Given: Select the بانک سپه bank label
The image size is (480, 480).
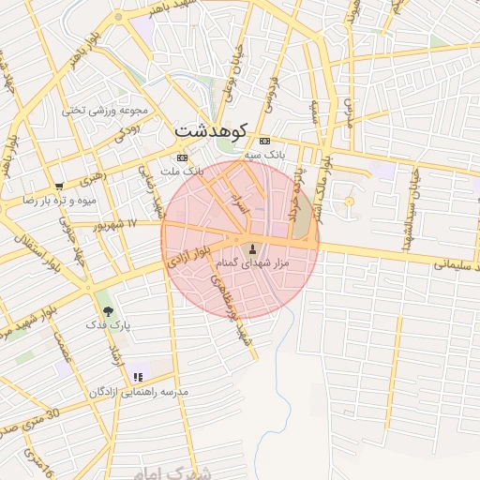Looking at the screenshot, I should tap(264, 153).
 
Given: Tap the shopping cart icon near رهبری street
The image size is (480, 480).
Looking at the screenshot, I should tap(59, 186).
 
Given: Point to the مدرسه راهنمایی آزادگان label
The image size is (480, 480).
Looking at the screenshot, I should tap(138, 390).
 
